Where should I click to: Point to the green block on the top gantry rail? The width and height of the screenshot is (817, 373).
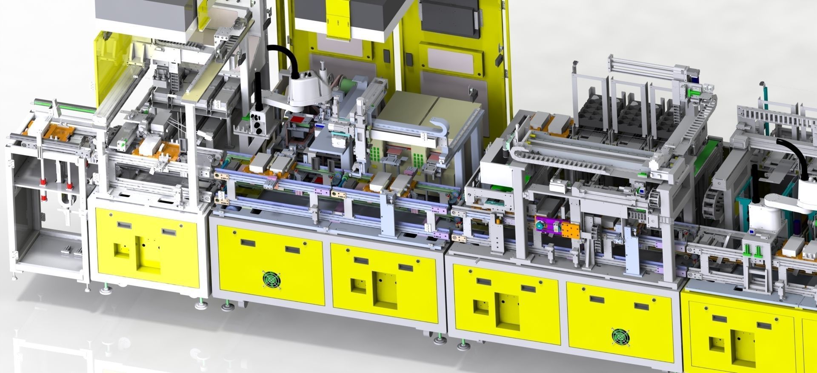coord(694,92)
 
